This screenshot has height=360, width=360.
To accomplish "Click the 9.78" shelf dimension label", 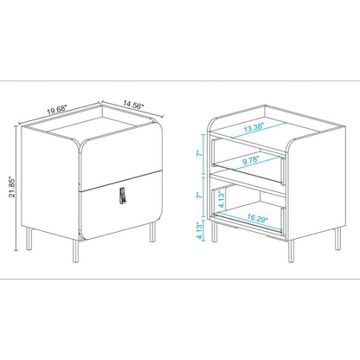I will [x=253, y=159].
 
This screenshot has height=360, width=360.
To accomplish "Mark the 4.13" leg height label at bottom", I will [x=198, y=231].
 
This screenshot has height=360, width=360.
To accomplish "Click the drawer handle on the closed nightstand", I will [x=122, y=196].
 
